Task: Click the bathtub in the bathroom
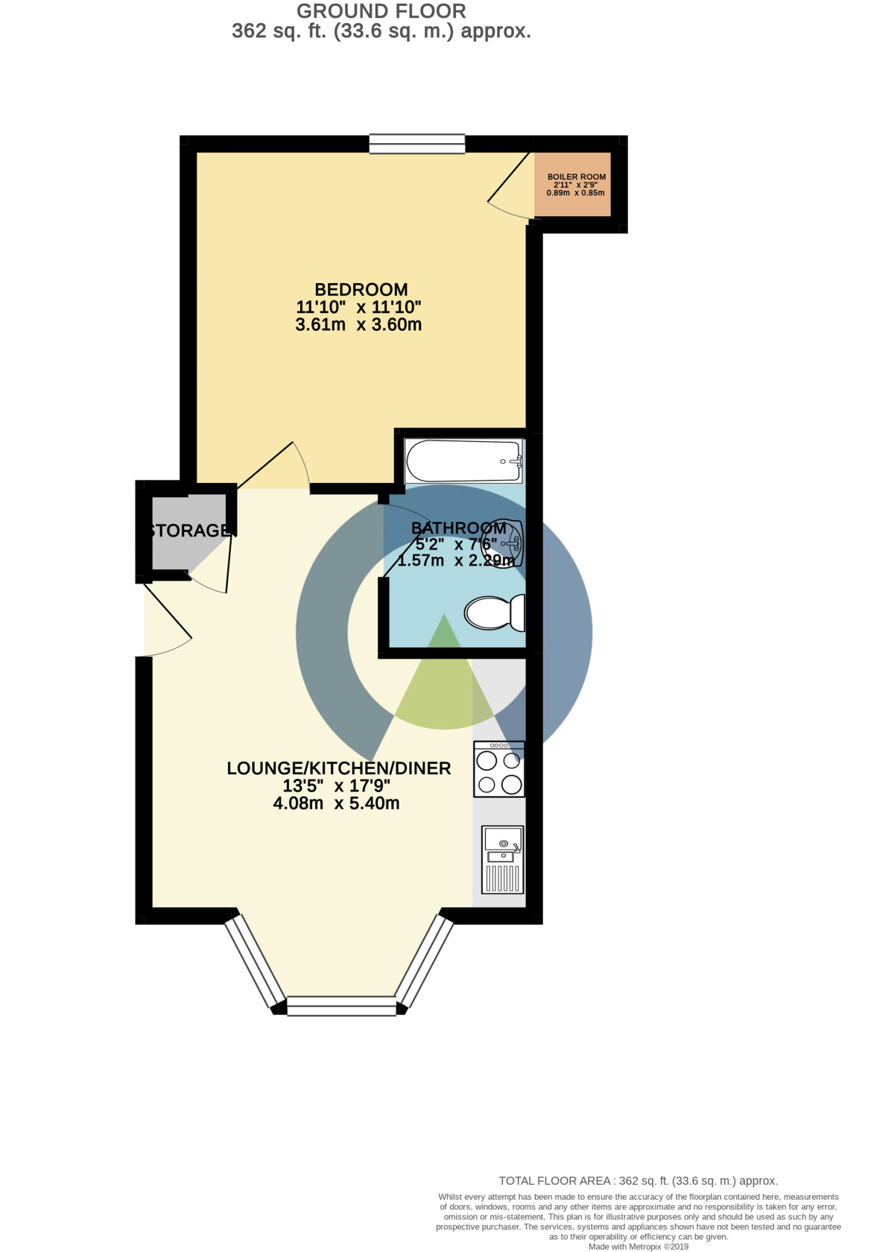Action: pos(463,461)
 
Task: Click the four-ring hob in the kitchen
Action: pos(499,770)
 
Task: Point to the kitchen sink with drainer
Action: pos(503,859)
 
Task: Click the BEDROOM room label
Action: pos(361,289)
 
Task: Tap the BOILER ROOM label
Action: pos(577,177)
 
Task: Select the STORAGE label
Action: pos(191,531)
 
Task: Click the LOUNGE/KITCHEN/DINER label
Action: pos(339,768)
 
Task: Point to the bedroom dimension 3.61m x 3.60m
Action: pos(358,325)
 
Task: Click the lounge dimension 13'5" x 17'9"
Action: pos(337,785)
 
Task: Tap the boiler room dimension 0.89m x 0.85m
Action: pos(576,193)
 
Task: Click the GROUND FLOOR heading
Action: pos(381,11)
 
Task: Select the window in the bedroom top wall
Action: pos(417,144)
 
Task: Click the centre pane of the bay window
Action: pos(342,1006)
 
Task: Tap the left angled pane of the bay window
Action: pos(256,961)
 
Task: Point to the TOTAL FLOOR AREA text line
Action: pos(638,1180)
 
